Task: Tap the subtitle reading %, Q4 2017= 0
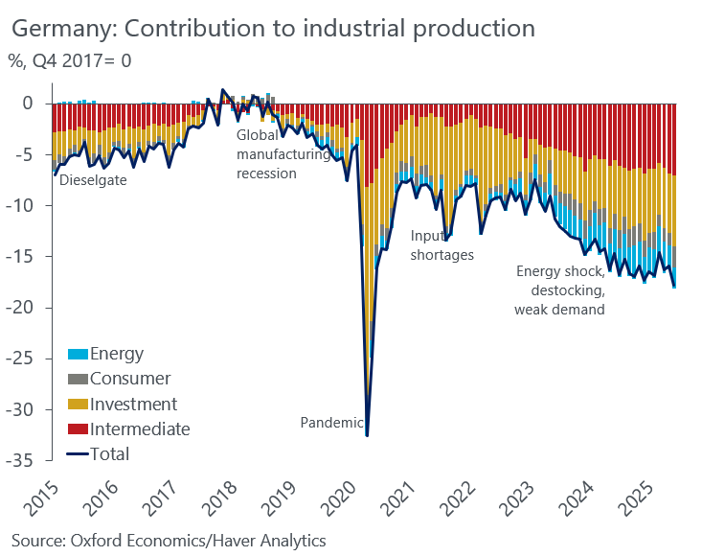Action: [x=71, y=61]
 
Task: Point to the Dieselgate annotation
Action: [x=93, y=178]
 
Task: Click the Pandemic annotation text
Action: [x=331, y=422]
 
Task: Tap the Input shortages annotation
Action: [x=442, y=245]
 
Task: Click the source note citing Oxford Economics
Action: [x=169, y=541]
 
